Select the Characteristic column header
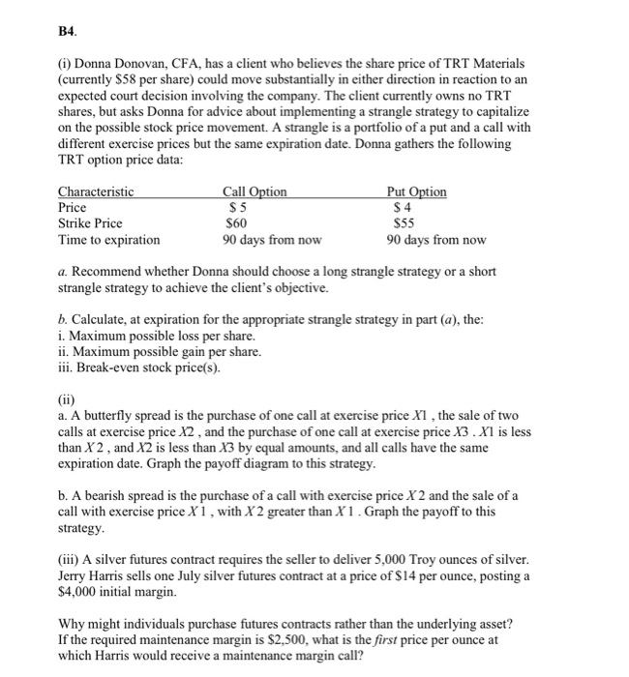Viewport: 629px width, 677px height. pyautogui.click(x=96, y=191)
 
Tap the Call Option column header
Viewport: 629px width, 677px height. pyautogui.click(x=255, y=191)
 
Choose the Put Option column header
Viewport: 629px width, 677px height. pyautogui.click(x=415, y=191)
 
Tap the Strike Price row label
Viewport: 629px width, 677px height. pyautogui.click(x=90, y=223)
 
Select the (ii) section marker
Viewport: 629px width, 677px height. pyautogui.click(x=67, y=401)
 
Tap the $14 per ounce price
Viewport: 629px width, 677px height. pyautogui.click(x=436, y=576)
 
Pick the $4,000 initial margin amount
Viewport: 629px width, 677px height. pyautogui.click(x=79, y=592)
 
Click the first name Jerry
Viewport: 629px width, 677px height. pyautogui.click(x=75, y=576)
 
